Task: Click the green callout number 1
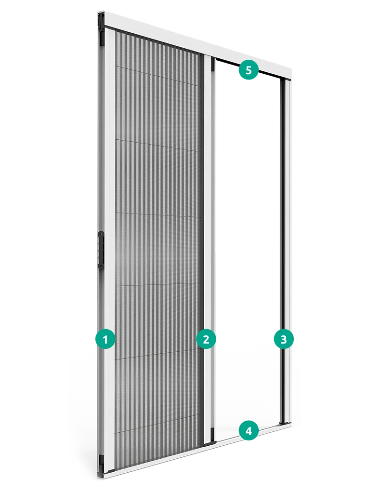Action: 105,339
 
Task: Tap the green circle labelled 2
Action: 206,339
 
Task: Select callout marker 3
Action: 284,339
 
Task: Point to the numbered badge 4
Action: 249,431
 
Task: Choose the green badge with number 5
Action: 249,70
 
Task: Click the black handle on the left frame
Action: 101,250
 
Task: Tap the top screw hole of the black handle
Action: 101,234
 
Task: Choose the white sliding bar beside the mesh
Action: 210,248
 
